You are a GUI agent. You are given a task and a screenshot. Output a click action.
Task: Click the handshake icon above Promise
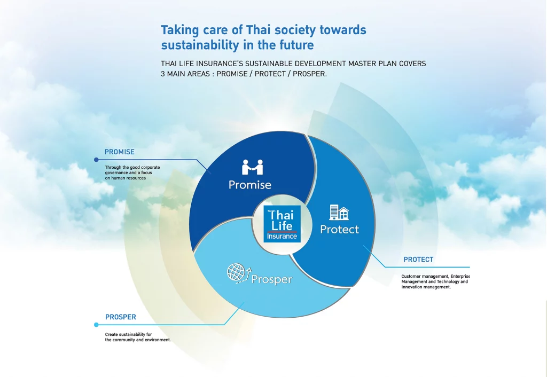tap(252, 167)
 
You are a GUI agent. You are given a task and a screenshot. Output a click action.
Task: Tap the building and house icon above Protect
tap(339, 212)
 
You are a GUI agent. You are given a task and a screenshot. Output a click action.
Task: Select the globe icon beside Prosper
tap(236, 272)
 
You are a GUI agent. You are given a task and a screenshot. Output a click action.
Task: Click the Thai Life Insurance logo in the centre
tap(282, 224)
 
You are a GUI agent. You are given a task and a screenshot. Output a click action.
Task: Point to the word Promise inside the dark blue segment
tap(250, 185)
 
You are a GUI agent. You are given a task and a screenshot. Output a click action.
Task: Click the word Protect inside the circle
tap(339, 230)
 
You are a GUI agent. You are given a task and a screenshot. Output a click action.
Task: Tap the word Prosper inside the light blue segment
tap(271, 280)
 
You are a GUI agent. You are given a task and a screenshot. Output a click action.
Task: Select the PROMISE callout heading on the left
tap(120, 152)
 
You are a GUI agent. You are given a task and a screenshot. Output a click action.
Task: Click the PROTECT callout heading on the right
tap(418, 260)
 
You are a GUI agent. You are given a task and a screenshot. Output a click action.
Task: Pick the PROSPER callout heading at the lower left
tap(121, 317)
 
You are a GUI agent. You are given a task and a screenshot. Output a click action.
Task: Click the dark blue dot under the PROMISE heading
tap(96, 160)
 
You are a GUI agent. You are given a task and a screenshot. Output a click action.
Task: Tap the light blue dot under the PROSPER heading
tap(96, 325)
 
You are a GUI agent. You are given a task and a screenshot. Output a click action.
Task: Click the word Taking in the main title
tap(179, 30)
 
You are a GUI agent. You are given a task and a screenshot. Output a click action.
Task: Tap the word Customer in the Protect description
tap(411, 276)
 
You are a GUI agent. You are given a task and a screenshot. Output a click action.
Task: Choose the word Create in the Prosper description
tap(112, 334)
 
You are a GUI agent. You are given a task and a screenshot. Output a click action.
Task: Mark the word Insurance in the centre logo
tap(282, 237)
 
